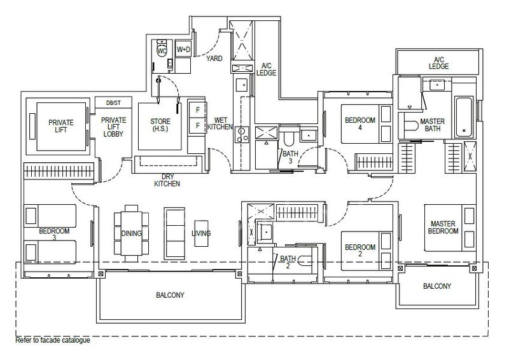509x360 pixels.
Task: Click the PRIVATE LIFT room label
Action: pyautogui.click(x=61, y=127)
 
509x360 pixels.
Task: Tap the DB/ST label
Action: pyautogui.click(x=113, y=103)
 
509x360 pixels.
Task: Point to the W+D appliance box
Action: pyautogui.click(x=183, y=49)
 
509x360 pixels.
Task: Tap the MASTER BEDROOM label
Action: pyautogui.click(x=444, y=227)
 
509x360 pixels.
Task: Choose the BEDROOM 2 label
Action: pyautogui.click(x=359, y=250)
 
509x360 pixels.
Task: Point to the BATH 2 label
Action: pyautogui.click(x=288, y=261)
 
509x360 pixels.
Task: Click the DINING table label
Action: pyautogui.click(x=132, y=233)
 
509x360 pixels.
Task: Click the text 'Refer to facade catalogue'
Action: pyautogui.click(x=53, y=340)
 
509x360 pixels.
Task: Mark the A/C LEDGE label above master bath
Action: pyautogui.click(x=438, y=61)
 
